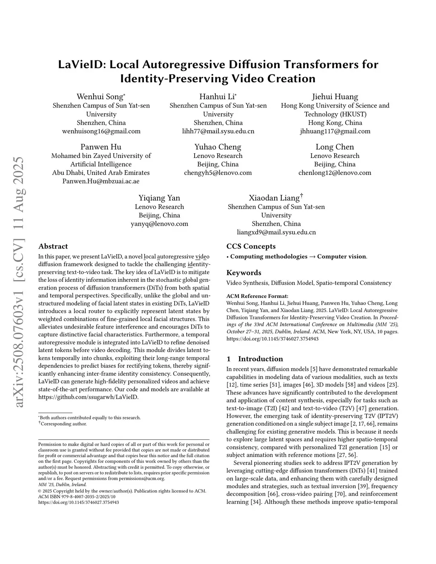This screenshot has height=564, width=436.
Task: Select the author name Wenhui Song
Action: point(100,97)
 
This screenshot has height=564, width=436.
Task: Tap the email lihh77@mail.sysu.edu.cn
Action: point(218,131)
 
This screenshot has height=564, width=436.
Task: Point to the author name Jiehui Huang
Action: point(335,97)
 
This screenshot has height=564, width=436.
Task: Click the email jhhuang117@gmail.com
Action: point(335,131)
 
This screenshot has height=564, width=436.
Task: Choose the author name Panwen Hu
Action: point(101,147)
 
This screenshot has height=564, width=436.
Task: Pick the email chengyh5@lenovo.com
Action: point(218,173)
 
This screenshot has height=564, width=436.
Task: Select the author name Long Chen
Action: point(335,147)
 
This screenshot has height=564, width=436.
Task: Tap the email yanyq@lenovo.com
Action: point(159,223)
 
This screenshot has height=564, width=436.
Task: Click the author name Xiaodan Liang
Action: point(275,198)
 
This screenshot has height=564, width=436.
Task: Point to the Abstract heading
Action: point(53,246)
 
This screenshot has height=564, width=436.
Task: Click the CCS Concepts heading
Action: point(251,246)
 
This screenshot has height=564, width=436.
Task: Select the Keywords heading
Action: point(244,272)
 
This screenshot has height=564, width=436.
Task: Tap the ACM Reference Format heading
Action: point(257,296)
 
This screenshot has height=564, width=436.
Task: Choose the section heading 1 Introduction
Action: point(255,359)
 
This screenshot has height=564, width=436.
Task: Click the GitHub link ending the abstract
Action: point(88,397)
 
